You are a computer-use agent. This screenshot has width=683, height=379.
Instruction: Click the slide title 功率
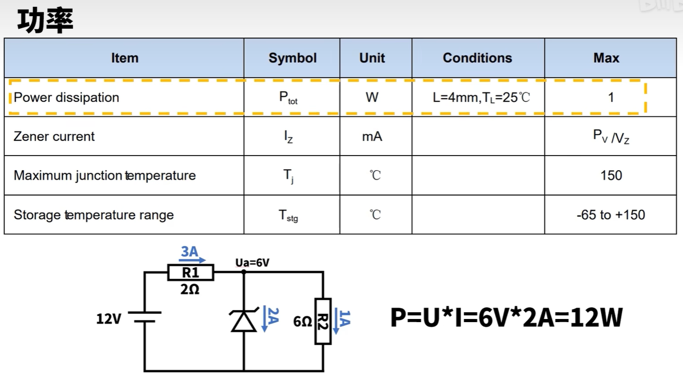tap(45, 21)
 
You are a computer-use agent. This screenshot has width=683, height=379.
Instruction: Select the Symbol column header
tap(292, 58)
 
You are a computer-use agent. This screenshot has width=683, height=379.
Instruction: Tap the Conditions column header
tap(477, 58)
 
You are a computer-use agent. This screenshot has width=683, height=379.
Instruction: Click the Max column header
tap(606, 58)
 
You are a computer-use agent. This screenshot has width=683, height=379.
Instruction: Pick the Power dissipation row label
tap(66, 98)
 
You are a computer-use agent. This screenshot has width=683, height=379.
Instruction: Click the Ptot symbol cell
tap(288, 98)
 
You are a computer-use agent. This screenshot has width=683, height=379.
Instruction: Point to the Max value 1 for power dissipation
tap(611, 98)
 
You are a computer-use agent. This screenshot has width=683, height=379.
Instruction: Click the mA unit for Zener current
tap(372, 137)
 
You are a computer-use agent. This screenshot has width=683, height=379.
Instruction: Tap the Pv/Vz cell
tap(611, 137)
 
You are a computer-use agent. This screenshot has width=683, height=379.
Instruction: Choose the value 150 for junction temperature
tap(611, 175)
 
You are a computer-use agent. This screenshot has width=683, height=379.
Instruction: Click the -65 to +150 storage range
tap(611, 215)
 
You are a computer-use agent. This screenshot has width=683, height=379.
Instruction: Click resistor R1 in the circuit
tap(191, 273)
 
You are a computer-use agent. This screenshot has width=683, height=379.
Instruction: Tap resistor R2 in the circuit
tap(323, 321)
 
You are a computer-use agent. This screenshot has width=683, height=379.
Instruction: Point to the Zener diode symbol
tap(244, 320)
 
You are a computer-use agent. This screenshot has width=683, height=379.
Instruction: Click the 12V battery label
tap(108, 318)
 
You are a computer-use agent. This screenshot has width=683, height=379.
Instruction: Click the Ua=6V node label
tap(252, 263)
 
